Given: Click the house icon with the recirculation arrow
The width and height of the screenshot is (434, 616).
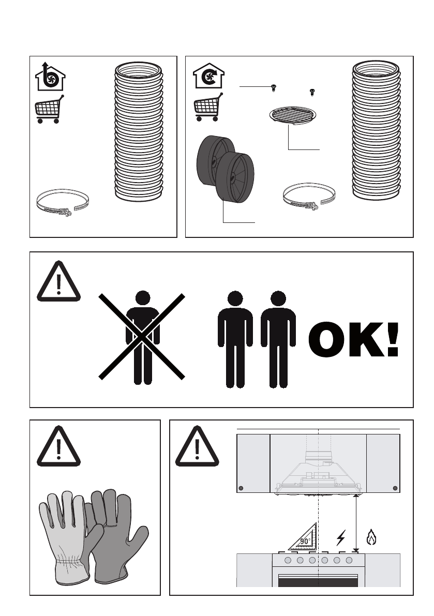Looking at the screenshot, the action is [208, 76].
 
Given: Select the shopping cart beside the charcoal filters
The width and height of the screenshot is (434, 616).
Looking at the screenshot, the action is [208, 107].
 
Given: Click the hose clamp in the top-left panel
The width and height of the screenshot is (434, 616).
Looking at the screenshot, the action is [62, 203].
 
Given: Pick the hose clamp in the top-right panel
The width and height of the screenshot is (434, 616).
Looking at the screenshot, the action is [309, 197].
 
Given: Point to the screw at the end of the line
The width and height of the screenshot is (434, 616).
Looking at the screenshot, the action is [273, 87].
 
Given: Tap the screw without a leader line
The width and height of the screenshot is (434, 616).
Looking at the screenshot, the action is [312, 92].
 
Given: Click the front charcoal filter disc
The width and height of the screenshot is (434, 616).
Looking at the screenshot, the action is [235, 177].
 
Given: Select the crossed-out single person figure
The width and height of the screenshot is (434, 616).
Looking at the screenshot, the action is [142, 337].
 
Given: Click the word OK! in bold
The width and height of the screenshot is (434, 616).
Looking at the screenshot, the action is [353, 339].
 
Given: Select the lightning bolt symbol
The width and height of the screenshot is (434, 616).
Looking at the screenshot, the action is [341, 538].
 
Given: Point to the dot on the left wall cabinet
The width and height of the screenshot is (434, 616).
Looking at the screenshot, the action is [241, 488].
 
